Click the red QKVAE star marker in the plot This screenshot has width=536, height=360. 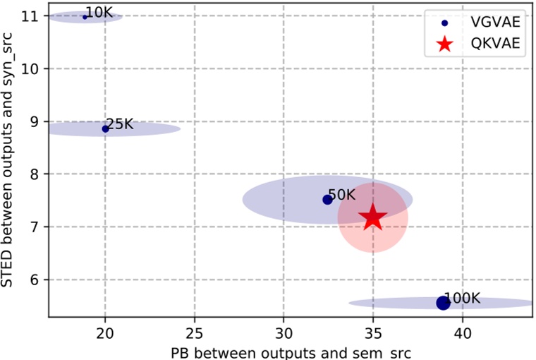point(373,218)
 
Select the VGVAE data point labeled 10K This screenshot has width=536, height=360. point(85,16)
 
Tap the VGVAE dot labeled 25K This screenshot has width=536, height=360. point(106,128)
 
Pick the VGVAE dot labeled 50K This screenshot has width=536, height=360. point(327,200)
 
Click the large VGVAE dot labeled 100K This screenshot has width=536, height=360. point(443,303)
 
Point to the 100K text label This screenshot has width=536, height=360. point(463,298)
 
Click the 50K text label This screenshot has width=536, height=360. point(342,194)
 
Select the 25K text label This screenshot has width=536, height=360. point(119,124)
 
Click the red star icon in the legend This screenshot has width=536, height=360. point(444,44)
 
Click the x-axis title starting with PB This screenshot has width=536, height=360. point(284,351)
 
